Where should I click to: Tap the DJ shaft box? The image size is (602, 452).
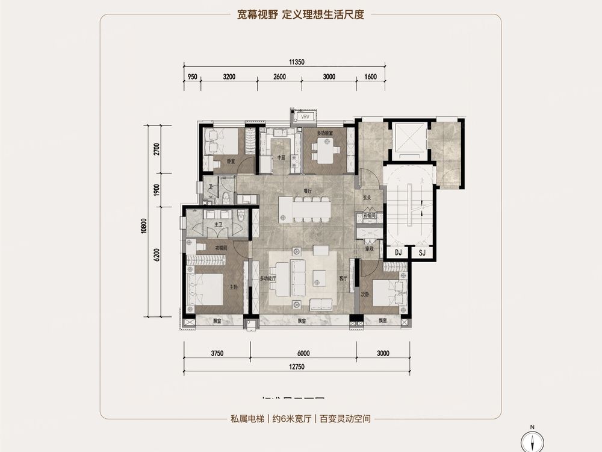tap(399, 253)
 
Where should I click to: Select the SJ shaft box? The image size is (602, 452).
tap(422, 253)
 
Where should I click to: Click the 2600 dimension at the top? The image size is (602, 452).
tap(279, 77)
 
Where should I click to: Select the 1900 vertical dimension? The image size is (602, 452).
tap(156, 189)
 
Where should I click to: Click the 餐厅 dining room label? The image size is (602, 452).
tap(308, 191)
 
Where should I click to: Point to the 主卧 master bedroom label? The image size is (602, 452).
tap(233, 286)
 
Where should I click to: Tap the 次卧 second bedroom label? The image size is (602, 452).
tap(364, 295)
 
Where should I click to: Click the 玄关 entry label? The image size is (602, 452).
tap(367, 198)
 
